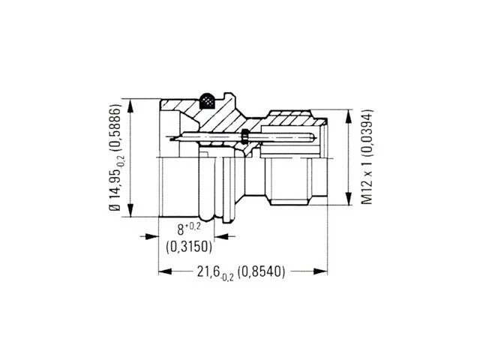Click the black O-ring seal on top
click(207, 100)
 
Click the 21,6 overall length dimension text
click(215, 272)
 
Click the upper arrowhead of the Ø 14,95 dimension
click(130, 106)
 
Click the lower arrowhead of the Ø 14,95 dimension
click(130, 210)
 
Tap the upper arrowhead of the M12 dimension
click(349, 117)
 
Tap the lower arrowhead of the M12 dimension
click(349, 198)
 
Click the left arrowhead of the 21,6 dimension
click(165, 271)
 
